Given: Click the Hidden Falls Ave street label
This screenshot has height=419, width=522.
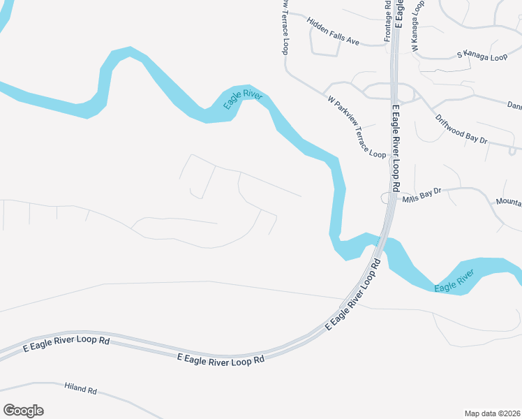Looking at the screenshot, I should [333, 31].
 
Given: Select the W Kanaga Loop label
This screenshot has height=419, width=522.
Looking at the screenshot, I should [417, 27].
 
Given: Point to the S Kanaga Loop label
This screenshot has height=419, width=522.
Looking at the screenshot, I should [482, 55].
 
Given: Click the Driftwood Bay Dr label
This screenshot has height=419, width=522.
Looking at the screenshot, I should [461, 129].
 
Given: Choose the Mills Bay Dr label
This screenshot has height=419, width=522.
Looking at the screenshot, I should [422, 195].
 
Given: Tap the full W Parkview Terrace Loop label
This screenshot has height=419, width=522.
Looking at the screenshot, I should [356, 126].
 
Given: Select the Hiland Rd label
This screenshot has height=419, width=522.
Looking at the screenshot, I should [80, 388].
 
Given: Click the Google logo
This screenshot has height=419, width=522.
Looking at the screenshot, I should [23, 411].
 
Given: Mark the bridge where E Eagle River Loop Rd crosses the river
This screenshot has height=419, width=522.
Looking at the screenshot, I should [382, 245].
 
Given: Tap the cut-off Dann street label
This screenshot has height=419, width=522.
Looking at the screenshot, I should [514, 106].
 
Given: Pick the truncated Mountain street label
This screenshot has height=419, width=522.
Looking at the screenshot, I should [509, 202].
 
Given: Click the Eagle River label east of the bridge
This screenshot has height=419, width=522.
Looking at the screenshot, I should [454, 279].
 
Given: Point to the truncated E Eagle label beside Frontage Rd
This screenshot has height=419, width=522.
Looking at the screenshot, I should [399, 13].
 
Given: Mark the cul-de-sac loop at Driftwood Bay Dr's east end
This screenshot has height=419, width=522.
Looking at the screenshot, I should [514, 149].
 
